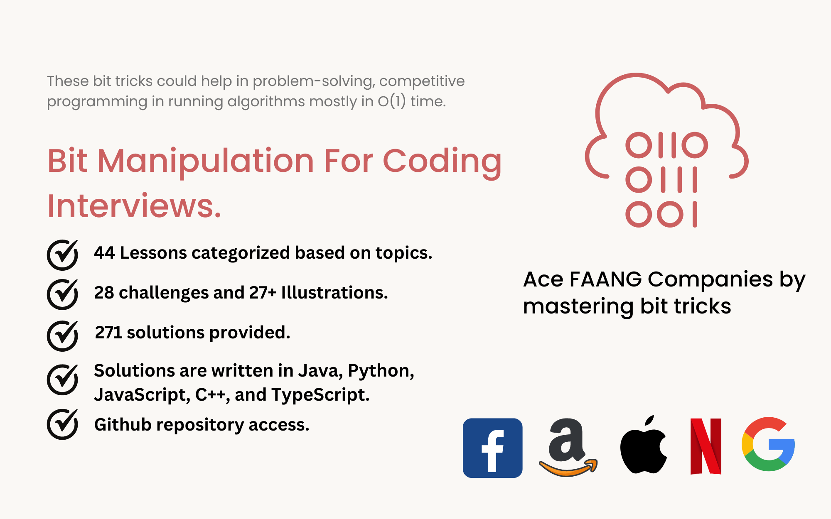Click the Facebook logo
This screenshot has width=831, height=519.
(492, 448)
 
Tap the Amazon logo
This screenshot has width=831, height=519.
(568, 447)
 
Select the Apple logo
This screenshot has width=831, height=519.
(643, 445)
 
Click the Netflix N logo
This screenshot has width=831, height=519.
(706, 446)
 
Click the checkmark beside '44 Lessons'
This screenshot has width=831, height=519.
(62, 255)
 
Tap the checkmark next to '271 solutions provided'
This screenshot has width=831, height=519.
(62, 336)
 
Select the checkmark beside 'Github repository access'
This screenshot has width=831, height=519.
(62, 424)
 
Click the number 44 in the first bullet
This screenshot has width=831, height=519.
(104, 252)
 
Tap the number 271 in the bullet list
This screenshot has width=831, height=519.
(108, 332)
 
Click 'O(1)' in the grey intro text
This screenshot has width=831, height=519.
(391, 101)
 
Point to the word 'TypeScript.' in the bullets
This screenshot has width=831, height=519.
(320, 395)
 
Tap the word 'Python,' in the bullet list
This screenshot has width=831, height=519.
(381, 371)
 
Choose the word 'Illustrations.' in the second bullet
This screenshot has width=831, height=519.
(334, 292)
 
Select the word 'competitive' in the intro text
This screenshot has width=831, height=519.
(422, 81)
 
